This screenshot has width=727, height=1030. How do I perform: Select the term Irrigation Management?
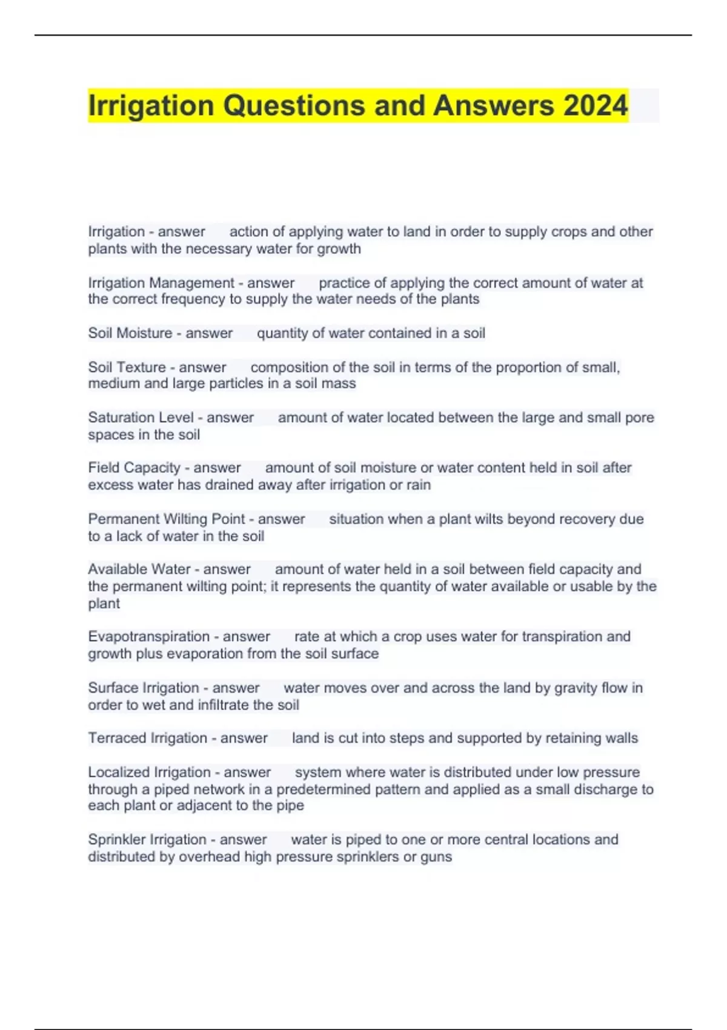(161, 283)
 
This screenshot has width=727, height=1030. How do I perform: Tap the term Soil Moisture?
(130, 333)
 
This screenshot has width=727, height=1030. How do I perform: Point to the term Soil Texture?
(127, 367)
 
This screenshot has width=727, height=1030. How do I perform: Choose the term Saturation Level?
(141, 417)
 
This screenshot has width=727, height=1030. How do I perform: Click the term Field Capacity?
(134, 468)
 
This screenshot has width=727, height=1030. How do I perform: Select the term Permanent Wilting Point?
(167, 519)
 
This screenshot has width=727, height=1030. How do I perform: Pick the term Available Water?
(139, 570)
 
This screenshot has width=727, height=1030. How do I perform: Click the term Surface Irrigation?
(143, 688)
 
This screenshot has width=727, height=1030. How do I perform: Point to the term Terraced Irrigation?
(147, 738)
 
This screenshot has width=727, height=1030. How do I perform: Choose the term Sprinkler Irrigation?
(147, 840)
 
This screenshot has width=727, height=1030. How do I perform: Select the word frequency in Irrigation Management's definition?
(196, 299)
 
